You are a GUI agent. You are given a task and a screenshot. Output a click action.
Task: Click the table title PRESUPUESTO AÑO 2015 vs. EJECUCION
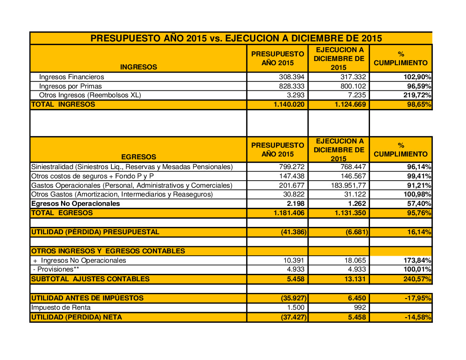tap(236, 38)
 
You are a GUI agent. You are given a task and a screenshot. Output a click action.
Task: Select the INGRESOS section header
tap(138, 67)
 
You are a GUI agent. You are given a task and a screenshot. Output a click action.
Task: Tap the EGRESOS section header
tap(138, 157)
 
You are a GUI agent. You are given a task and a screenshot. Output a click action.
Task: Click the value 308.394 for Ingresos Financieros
tap(291, 77)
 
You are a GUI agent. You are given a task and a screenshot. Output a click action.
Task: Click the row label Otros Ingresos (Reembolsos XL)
tap(90, 95)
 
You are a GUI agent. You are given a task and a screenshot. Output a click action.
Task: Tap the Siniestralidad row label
tap(131, 167)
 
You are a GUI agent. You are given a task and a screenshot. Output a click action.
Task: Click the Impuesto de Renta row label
tap(61, 307)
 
